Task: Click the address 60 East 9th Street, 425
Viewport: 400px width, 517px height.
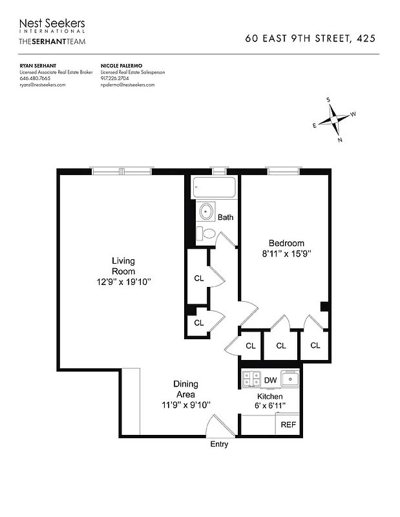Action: click(311, 38)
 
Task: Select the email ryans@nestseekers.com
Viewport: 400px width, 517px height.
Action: click(43, 85)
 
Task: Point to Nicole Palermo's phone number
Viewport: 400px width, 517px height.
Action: click(118, 79)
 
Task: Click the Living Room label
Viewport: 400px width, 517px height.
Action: click(123, 260)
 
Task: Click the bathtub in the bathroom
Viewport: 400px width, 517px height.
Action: click(215, 187)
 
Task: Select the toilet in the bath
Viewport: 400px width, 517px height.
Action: click(205, 233)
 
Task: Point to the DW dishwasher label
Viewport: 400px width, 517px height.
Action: click(270, 380)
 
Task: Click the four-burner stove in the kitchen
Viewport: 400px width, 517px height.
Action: click(250, 379)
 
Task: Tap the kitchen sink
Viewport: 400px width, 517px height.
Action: click(291, 379)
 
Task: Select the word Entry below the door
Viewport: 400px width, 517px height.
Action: click(219, 445)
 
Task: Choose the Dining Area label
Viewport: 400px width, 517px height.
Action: click(187, 389)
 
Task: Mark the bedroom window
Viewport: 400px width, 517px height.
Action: click(283, 171)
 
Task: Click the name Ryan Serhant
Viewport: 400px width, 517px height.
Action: click(37, 66)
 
